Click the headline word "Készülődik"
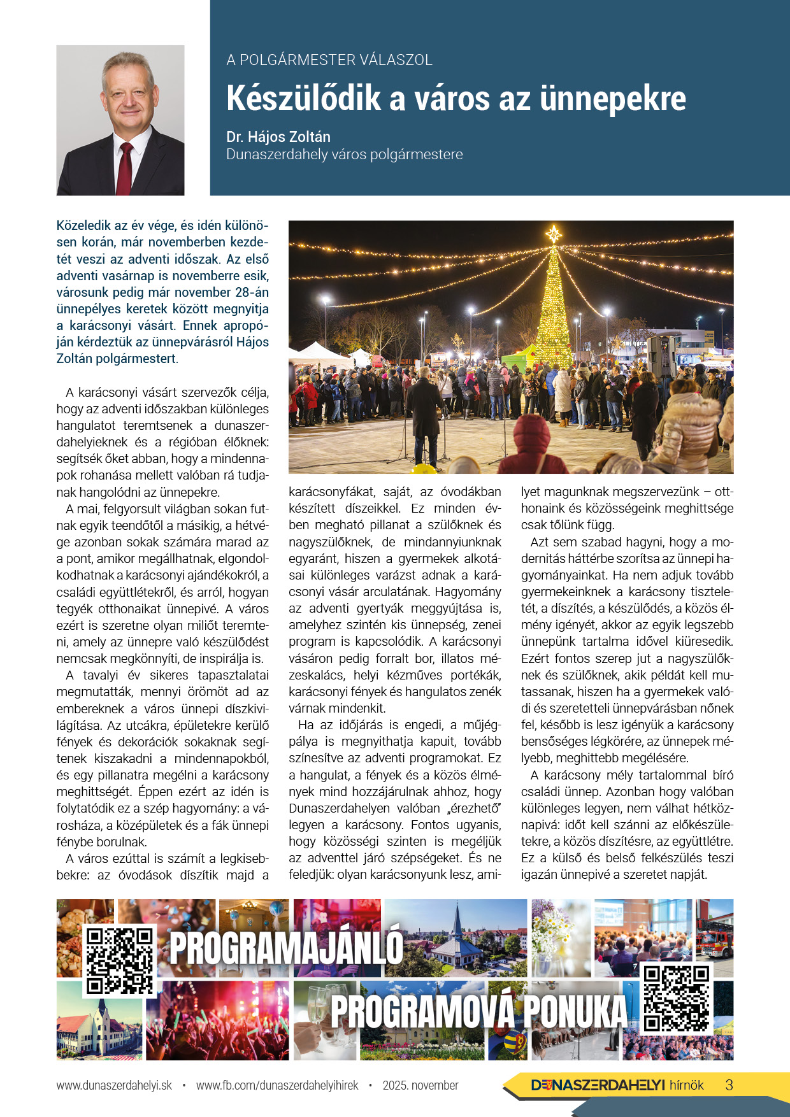(x=303, y=99)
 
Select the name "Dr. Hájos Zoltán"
(x=278, y=137)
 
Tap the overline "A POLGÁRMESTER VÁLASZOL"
(x=329, y=60)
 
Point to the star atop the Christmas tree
(x=554, y=234)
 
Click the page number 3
(x=729, y=1085)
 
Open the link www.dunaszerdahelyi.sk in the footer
(x=114, y=1085)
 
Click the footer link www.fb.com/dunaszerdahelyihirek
(x=277, y=1085)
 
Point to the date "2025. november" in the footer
(x=420, y=1085)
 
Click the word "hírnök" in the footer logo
(x=686, y=1085)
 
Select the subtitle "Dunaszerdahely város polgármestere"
(x=345, y=155)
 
